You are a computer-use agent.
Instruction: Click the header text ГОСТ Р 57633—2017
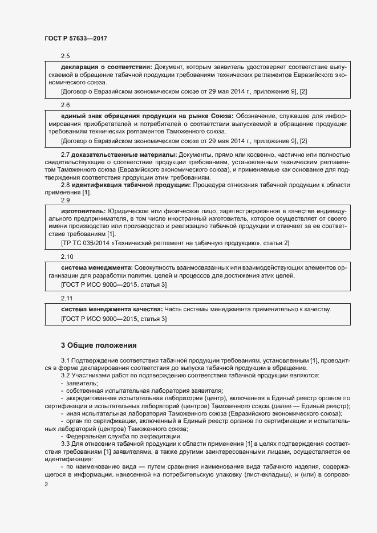click(x=76, y=38)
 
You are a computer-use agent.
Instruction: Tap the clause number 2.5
click(x=65, y=56)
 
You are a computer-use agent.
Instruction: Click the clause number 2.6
click(x=65, y=105)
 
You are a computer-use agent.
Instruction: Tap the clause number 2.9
click(x=65, y=200)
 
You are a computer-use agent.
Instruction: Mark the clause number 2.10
click(x=67, y=257)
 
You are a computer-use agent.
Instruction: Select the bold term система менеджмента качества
click(x=111, y=309)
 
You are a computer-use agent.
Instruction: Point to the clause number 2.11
click(x=67, y=298)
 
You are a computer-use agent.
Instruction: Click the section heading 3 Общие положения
click(x=99, y=345)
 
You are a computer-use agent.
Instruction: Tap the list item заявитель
click(x=82, y=383)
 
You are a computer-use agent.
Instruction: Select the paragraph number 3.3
click(x=66, y=444)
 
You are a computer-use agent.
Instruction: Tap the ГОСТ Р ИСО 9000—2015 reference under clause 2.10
click(x=113, y=284)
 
